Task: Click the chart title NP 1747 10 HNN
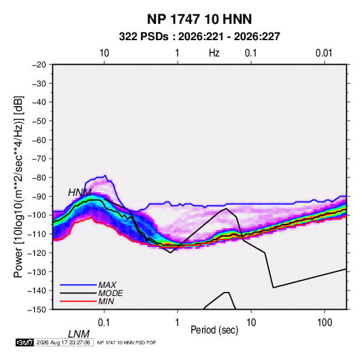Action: (x=199, y=19)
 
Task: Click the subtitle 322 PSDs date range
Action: (x=199, y=37)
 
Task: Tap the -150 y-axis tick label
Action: (x=37, y=310)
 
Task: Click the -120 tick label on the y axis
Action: (x=37, y=252)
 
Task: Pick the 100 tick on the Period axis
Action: (x=325, y=323)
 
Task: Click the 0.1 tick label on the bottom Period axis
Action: (x=104, y=323)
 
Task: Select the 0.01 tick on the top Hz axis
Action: (x=324, y=53)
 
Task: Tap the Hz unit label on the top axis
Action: (x=214, y=53)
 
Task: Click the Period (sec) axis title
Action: (x=214, y=330)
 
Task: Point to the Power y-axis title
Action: (x=18, y=186)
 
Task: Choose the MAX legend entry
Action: (x=107, y=284)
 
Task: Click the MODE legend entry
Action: (x=110, y=293)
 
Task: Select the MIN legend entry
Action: (x=106, y=301)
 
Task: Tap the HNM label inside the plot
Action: (x=80, y=193)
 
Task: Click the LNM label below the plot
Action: (x=79, y=334)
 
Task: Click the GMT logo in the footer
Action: (x=25, y=342)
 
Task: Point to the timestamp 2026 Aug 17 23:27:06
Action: (x=63, y=342)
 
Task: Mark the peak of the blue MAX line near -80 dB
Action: (x=105, y=176)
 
